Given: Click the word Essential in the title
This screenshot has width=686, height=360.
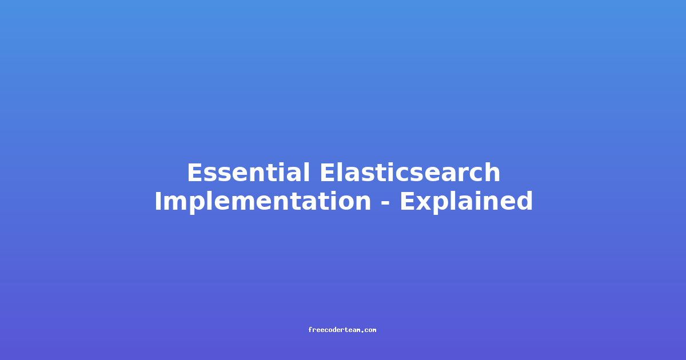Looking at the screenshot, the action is (x=248, y=173).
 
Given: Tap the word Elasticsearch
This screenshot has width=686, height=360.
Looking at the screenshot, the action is (x=410, y=173).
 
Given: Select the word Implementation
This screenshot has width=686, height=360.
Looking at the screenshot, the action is (x=263, y=201).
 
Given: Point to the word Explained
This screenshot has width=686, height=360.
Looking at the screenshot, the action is (x=466, y=201).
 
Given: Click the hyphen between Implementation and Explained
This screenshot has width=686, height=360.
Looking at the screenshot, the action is (x=385, y=203).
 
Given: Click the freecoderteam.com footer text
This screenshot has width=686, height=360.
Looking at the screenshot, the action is (x=342, y=330).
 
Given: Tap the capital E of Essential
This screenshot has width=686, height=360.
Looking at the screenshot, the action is (x=195, y=173).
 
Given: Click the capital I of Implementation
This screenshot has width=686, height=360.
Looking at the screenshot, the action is (x=158, y=201).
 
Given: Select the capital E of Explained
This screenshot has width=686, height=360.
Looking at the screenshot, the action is (x=408, y=201).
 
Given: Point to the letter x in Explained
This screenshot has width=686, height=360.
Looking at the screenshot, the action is (x=424, y=203).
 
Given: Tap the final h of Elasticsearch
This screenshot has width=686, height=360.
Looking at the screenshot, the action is (x=492, y=173).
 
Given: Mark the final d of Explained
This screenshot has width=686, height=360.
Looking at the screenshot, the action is (x=524, y=201).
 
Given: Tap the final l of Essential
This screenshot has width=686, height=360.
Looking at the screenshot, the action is (x=307, y=173).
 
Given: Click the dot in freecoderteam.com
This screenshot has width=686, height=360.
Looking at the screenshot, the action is (x=362, y=331).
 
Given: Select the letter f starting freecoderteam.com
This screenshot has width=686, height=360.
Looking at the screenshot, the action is (x=310, y=330).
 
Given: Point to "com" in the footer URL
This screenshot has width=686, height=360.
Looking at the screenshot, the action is (x=370, y=330).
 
